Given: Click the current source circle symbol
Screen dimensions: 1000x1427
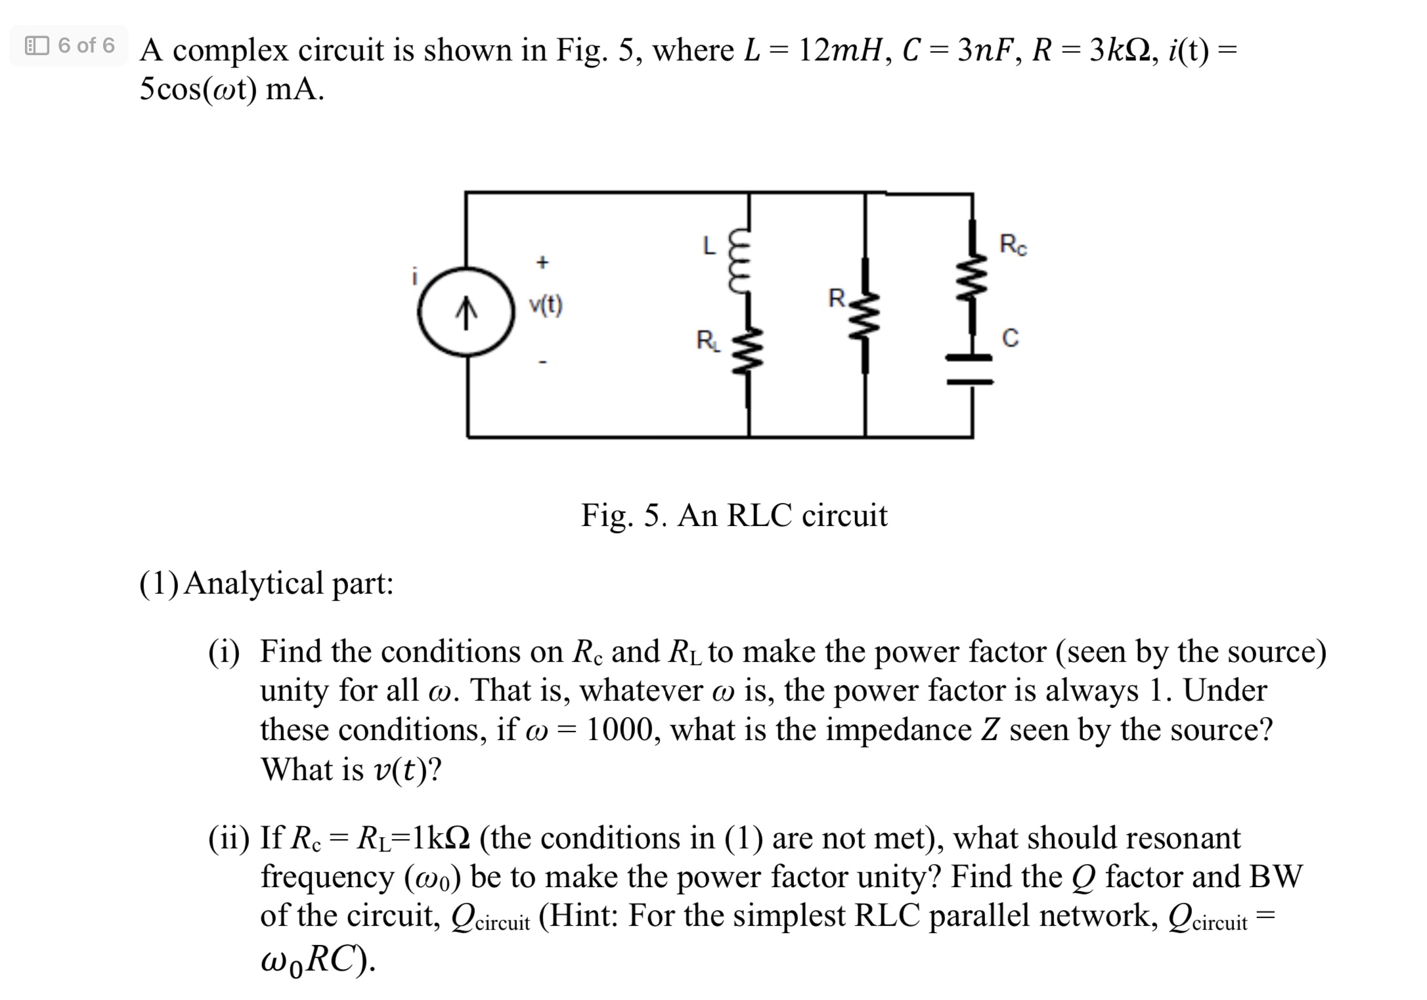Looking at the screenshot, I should [x=466, y=312].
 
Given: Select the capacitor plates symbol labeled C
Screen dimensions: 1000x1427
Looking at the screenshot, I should [x=969, y=369].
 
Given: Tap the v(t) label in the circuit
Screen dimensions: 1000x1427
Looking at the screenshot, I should [x=546, y=305].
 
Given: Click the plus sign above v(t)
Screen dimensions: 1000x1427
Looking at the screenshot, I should [x=542, y=263].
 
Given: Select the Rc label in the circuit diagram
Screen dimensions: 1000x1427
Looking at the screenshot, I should [x=1013, y=245].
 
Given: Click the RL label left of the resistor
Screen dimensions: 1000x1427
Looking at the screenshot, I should [x=707, y=341].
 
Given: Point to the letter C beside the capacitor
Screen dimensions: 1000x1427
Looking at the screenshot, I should [x=1011, y=338].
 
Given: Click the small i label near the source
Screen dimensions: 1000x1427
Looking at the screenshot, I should [x=414, y=277].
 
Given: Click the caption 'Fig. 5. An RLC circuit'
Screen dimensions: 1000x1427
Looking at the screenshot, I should [x=734, y=515].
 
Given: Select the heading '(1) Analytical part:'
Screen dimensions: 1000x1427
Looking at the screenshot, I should [x=266, y=583].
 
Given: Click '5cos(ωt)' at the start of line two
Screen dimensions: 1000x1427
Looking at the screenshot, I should [x=198, y=89].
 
